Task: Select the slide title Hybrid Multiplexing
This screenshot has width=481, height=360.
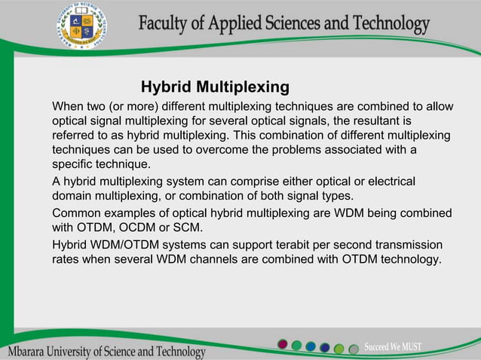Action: click(x=215, y=86)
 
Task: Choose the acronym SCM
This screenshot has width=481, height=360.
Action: click(x=187, y=227)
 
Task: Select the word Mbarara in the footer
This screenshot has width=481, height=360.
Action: click(x=32, y=352)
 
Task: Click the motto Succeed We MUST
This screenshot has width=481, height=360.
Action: click(x=393, y=346)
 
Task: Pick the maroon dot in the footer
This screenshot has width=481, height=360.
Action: click(x=283, y=345)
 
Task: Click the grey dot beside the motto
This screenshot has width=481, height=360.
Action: click(x=352, y=348)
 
